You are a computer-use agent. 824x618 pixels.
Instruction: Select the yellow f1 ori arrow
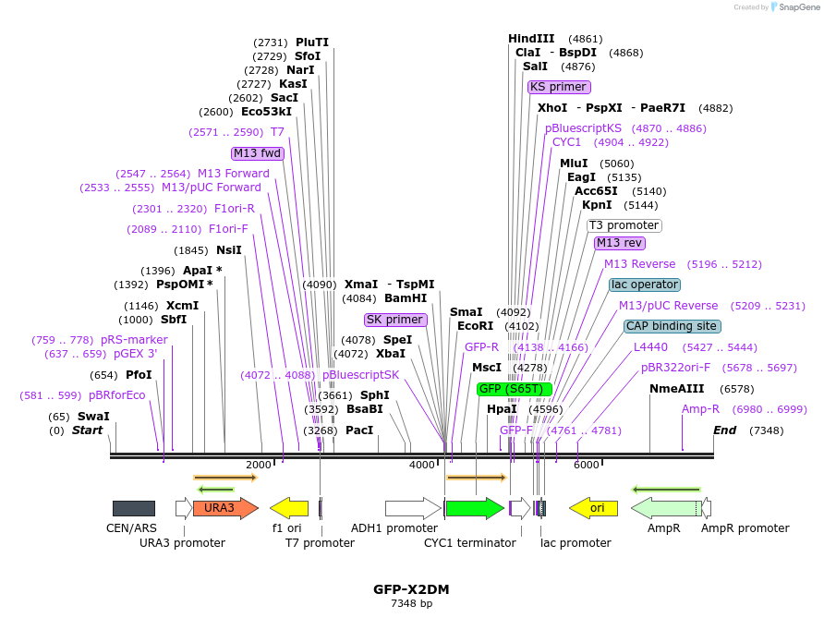(x=289, y=508)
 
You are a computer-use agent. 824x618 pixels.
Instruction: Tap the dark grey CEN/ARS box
(x=134, y=508)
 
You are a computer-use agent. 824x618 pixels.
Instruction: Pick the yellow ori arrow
(x=593, y=508)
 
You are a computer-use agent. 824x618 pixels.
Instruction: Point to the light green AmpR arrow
(x=665, y=508)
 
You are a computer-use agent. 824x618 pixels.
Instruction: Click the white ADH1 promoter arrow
(x=412, y=508)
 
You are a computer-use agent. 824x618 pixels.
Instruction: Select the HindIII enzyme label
(x=531, y=39)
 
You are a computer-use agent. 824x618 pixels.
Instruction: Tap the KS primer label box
(x=558, y=87)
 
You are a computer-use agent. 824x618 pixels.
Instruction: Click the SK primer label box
(x=395, y=320)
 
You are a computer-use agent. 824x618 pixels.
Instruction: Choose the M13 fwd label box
(x=258, y=153)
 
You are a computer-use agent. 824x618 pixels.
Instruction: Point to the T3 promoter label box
(x=624, y=225)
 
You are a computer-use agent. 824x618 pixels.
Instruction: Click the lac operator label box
(x=645, y=285)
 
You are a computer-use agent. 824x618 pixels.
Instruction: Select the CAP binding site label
(x=673, y=326)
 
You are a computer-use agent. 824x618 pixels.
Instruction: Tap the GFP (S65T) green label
(x=515, y=389)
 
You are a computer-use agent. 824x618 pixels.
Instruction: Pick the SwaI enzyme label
(x=93, y=417)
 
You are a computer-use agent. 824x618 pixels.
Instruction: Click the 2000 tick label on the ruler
(x=259, y=465)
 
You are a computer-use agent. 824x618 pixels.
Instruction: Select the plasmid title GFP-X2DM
(x=411, y=588)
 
